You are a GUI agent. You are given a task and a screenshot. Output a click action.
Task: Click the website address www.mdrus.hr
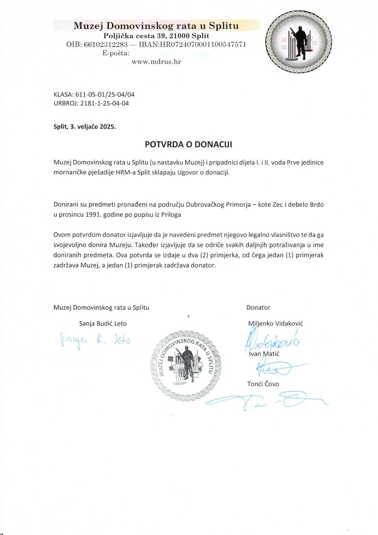coord(156,62)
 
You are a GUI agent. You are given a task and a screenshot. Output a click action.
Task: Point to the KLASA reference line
coord(94,95)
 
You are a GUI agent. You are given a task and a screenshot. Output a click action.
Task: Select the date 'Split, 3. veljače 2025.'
coord(85,127)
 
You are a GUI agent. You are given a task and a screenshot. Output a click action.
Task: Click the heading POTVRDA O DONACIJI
coord(188,144)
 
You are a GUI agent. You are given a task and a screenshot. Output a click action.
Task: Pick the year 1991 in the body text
coord(94,215)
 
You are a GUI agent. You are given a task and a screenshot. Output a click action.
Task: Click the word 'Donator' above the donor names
coord(258,308)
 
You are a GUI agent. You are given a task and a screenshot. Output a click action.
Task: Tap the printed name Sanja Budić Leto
coord(103,324)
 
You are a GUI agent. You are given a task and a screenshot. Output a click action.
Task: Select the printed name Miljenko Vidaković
coord(275,323)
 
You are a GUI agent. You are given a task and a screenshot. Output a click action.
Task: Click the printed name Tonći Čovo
coord(263,384)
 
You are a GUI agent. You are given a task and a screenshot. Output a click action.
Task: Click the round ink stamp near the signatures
coord(186,364)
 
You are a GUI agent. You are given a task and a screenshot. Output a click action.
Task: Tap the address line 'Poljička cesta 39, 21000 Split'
coord(156,36)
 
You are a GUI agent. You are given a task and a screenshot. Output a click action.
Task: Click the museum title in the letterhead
coord(156,26)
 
